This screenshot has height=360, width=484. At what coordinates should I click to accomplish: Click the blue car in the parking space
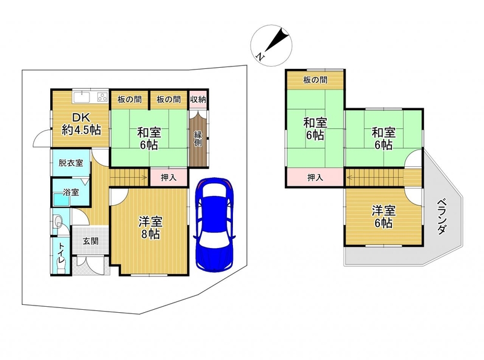(215, 224)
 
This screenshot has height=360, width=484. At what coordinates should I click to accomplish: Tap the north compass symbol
(271, 45)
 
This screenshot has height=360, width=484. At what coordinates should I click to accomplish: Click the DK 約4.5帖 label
(81, 124)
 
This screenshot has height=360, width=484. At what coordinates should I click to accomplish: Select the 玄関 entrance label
(90, 241)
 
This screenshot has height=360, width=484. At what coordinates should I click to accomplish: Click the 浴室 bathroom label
(71, 192)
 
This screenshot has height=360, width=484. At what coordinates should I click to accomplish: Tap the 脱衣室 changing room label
(71, 163)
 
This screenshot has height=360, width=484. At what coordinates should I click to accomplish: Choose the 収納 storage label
(198, 99)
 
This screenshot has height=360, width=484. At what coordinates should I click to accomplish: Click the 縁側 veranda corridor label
(198, 139)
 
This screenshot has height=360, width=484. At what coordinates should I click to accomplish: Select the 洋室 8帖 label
(150, 227)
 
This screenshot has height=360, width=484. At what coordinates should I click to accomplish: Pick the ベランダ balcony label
(442, 216)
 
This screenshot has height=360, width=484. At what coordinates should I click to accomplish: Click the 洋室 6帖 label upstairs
(384, 217)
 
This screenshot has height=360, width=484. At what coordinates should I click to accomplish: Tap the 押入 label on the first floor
(169, 177)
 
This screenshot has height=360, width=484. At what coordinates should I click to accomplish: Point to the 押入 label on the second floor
(315, 177)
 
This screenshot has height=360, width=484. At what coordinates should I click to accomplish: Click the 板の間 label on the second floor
(315, 80)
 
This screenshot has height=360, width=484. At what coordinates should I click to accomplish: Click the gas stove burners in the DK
(102, 97)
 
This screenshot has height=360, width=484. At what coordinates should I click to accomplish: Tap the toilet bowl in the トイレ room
(57, 221)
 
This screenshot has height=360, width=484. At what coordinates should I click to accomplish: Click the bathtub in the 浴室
(62, 199)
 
